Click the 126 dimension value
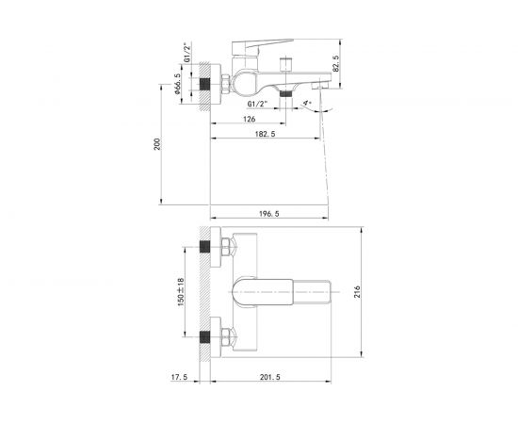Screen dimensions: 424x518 click(x=248, y=120)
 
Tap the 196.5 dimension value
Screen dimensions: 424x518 click(x=271, y=214)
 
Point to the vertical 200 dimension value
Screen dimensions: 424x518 click(x=159, y=143)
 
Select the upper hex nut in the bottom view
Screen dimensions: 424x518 click(x=226, y=249)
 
